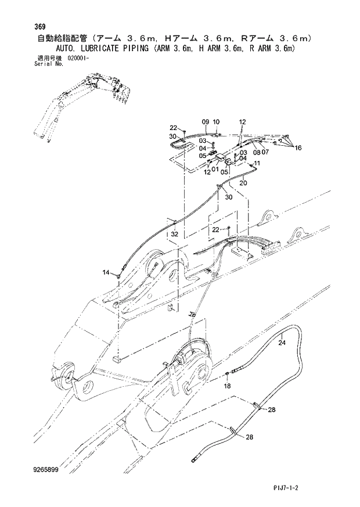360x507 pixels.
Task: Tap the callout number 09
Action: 205,121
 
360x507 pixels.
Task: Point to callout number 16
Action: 298,148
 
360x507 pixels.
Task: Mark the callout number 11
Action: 257,164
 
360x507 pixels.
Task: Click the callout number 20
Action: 243,183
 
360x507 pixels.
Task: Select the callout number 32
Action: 174,234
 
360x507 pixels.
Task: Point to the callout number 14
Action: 106,272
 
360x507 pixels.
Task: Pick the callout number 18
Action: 227,386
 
